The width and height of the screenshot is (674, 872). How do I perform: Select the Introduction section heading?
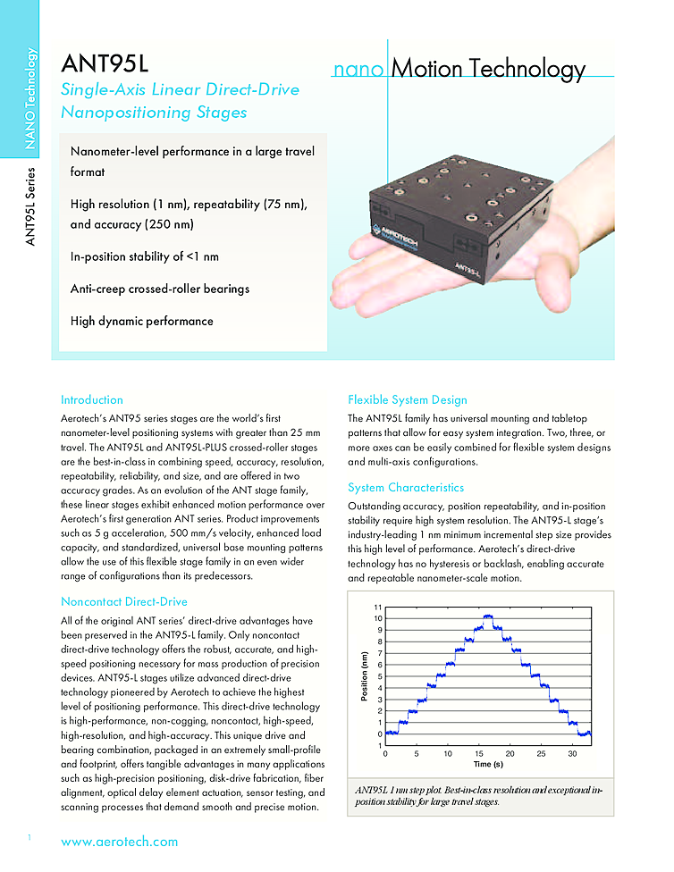click(x=92, y=399)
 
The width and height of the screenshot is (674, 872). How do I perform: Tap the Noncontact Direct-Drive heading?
click(x=123, y=601)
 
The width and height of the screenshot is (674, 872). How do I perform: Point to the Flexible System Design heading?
click(x=407, y=399)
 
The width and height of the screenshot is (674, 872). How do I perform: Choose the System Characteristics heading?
click(x=406, y=488)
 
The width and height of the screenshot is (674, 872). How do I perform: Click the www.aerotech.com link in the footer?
click(x=119, y=841)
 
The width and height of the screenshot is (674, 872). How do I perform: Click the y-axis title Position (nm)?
click(x=366, y=675)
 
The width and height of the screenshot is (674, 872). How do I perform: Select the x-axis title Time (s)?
click(x=487, y=764)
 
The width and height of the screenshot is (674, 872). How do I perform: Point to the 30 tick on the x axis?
click(x=572, y=754)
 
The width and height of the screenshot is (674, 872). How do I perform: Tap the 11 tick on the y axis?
click(x=378, y=608)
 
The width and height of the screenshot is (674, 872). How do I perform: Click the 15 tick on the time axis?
click(x=478, y=754)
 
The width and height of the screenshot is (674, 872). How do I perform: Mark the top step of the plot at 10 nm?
click(x=488, y=616)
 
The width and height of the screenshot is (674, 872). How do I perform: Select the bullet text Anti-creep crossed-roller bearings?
click(x=160, y=289)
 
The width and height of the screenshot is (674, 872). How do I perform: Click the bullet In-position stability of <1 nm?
click(x=145, y=256)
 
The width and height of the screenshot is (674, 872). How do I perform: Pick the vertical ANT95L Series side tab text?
click(x=31, y=206)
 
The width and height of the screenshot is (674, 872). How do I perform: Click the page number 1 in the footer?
click(x=29, y=836)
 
